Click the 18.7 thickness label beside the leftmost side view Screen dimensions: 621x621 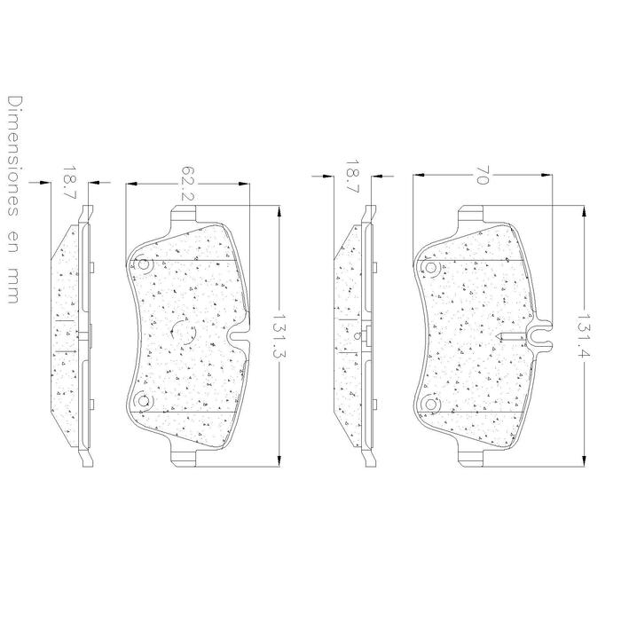pos(68,181)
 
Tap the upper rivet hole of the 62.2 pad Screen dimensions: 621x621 pos(144,263)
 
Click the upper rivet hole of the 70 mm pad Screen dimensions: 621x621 pos(431,267)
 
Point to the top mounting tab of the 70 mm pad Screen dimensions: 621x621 pos(470,216)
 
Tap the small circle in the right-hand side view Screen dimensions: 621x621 pos(355,336)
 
